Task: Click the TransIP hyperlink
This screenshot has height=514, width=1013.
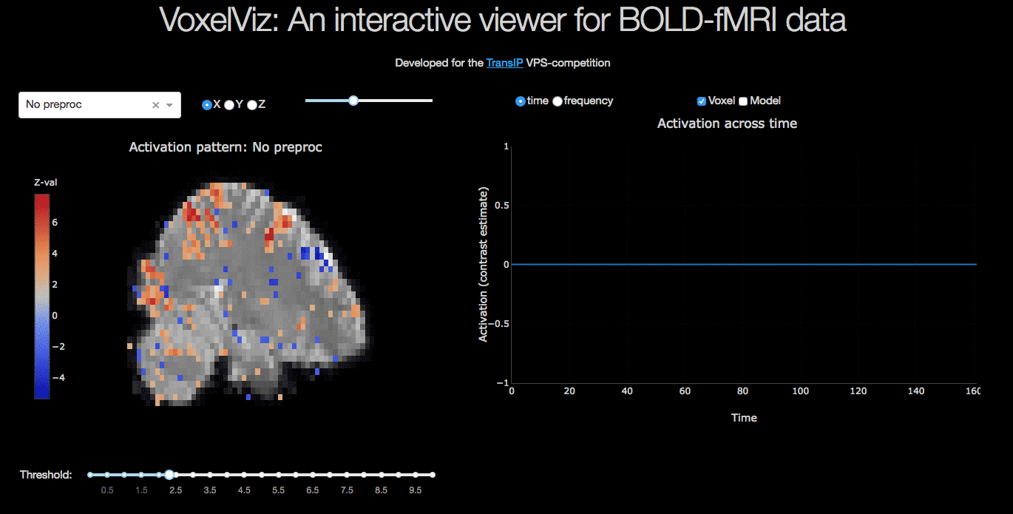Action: point(504,63)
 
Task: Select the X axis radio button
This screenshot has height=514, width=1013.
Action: point(206,105)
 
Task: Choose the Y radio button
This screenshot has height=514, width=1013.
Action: point(229,105)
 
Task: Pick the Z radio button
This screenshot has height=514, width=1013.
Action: point(252,105)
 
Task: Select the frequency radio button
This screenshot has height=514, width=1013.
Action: point(558,101)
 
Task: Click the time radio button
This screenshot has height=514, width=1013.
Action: point(520,101)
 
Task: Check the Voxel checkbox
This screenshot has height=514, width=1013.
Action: point(702,101)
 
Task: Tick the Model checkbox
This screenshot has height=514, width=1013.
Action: point(743,101)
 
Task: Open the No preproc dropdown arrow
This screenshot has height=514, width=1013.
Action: point(170,105)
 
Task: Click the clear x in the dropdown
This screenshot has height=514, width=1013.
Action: point(155,105)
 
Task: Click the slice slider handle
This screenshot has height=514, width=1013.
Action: point(353,101)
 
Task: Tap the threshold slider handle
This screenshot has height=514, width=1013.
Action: point(169,475)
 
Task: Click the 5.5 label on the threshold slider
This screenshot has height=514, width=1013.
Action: point(278,490)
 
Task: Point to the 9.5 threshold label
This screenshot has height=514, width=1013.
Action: point(415,490)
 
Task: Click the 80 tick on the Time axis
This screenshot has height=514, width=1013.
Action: point(743,390)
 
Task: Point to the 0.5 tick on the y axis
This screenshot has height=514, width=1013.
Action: point(501,206)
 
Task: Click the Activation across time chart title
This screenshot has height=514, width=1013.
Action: point(727,124)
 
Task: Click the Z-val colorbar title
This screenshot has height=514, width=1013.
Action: point(45,182)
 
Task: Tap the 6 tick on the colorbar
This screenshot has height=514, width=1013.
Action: point(55,223)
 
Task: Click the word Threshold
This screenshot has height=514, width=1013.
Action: point(46,475)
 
